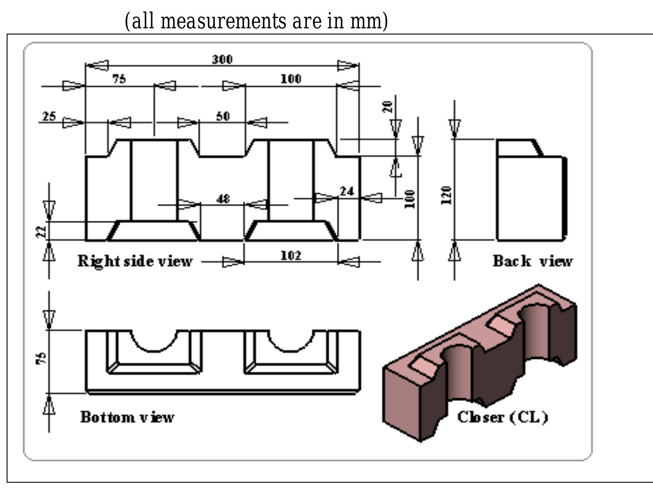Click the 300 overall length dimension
[222, 59]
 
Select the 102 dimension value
[290, 256]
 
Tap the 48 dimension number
[223, 199]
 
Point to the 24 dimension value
[347, 191]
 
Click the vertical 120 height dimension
[447, 195]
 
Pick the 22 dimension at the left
[41, 231]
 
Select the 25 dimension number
[49, 116]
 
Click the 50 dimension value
[223, 116]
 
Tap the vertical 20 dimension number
[387, 107]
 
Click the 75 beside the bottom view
[41, 358]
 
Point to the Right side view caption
[135, 261]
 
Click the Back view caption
[532, 261]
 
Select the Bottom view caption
[127, 417]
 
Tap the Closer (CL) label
[502, 417]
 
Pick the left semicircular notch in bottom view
[153, 343]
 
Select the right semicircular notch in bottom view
[290, 343]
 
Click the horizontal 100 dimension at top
[290, 79]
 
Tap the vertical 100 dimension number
[410, 199]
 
